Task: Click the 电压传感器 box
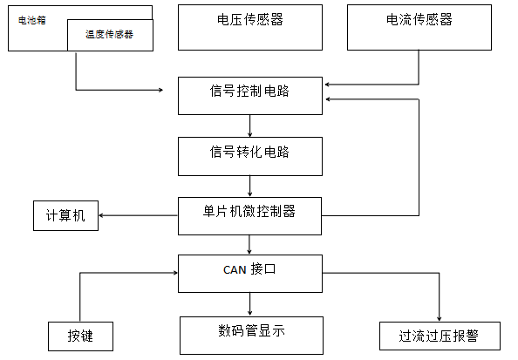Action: [x=250, y=27]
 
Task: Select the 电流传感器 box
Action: [x=419, y=27]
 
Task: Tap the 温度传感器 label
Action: [x=109, y=35]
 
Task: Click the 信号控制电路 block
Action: [x=250, y=95]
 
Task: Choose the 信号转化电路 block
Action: [x=250, y=156]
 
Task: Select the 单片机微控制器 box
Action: [x=250, y=215]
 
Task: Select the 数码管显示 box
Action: [x=250, y=334]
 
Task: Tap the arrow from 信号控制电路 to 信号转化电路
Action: [x=250, y=126]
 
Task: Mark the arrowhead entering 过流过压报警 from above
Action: [x=439, y=317]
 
